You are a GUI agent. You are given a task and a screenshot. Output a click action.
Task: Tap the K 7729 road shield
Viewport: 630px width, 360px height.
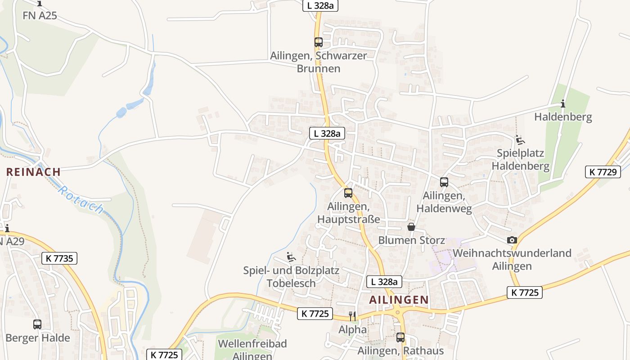603,171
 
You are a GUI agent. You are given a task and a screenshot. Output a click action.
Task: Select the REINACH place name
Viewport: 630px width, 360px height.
33,171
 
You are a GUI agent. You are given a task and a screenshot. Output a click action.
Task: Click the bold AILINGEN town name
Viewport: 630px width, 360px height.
399,300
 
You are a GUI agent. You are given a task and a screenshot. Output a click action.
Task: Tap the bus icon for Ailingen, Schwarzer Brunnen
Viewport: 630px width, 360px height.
319,42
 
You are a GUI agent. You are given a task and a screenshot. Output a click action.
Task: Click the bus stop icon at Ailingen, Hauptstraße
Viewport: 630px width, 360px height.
348,193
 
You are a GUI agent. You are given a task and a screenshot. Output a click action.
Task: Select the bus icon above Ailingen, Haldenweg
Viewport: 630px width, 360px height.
444,182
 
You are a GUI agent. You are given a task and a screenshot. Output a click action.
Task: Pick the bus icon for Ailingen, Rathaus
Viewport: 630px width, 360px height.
400,337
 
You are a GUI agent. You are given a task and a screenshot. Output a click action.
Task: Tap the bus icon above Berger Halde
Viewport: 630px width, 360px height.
37,324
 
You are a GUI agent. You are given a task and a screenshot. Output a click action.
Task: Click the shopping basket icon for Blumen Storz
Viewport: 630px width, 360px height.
411,227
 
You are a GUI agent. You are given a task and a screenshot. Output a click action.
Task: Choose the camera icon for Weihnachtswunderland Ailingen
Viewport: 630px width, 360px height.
512,240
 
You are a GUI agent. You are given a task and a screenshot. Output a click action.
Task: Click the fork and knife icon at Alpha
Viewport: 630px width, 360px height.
352,316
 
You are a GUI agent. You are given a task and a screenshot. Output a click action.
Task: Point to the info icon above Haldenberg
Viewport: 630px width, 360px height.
563,104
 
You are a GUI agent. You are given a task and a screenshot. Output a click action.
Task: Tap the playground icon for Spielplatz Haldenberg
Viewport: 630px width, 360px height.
520,140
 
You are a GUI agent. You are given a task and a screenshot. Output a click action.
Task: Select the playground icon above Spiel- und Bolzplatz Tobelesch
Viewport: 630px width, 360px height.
291,257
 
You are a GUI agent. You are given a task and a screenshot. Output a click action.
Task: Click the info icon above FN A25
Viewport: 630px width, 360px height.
40,3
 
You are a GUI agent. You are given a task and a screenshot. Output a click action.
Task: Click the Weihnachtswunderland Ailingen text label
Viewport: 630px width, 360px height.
512,259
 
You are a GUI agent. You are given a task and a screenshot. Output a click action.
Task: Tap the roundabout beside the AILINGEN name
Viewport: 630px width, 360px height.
397,311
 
